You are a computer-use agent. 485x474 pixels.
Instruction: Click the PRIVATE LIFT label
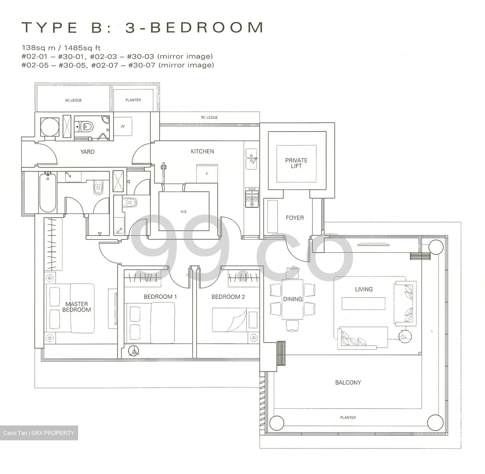296,163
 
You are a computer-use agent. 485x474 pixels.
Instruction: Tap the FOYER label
294,218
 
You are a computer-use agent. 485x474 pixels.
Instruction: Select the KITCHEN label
202,152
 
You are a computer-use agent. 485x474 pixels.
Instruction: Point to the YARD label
87,152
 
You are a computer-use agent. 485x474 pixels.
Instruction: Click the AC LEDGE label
73,100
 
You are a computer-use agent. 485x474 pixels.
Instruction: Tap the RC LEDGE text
209,118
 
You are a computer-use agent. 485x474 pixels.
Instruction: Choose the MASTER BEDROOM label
76,307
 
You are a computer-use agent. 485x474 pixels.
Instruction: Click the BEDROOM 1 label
160,297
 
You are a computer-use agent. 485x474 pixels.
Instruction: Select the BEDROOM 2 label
228,297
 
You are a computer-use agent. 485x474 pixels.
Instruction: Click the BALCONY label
348,383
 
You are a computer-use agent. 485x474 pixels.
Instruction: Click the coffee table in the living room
363,304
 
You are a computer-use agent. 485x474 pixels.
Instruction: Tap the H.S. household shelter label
184,212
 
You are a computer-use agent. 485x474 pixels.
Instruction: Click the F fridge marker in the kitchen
207,174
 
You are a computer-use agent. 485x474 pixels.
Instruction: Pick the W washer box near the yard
123,126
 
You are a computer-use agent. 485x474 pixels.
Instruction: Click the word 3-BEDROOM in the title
194,28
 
